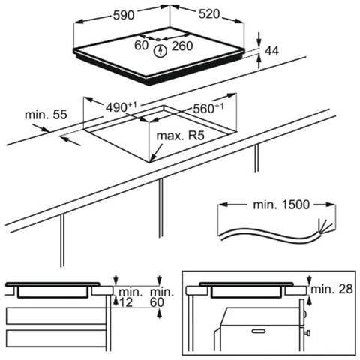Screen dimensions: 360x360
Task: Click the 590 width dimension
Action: point(124,15)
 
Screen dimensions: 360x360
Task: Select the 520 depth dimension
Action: point(209,14)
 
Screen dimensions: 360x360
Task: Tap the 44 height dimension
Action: point(271,51)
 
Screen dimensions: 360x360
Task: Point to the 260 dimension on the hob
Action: point(182,46)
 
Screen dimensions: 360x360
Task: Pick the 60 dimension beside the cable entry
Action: point(141,46)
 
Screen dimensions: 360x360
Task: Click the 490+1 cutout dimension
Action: point(121,107)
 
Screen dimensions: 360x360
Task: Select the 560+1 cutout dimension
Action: point(208,108)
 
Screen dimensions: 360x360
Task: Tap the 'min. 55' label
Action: point(46,115)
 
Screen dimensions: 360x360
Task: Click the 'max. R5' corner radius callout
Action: point(180,136)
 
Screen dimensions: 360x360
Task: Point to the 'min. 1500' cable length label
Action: point(281,205)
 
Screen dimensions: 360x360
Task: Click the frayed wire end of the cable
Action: point(325,226)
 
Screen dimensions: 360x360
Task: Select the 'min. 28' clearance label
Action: point(331,289)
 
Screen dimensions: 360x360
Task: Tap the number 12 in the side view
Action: point(126,302)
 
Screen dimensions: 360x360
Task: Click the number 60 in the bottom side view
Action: point(157,302)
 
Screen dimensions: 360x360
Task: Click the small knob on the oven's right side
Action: point(308,333)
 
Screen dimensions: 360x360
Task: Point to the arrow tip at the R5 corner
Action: point(151,162)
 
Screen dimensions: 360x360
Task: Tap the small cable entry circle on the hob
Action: point(158,39)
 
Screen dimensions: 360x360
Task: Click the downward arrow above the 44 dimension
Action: point(259,40)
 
